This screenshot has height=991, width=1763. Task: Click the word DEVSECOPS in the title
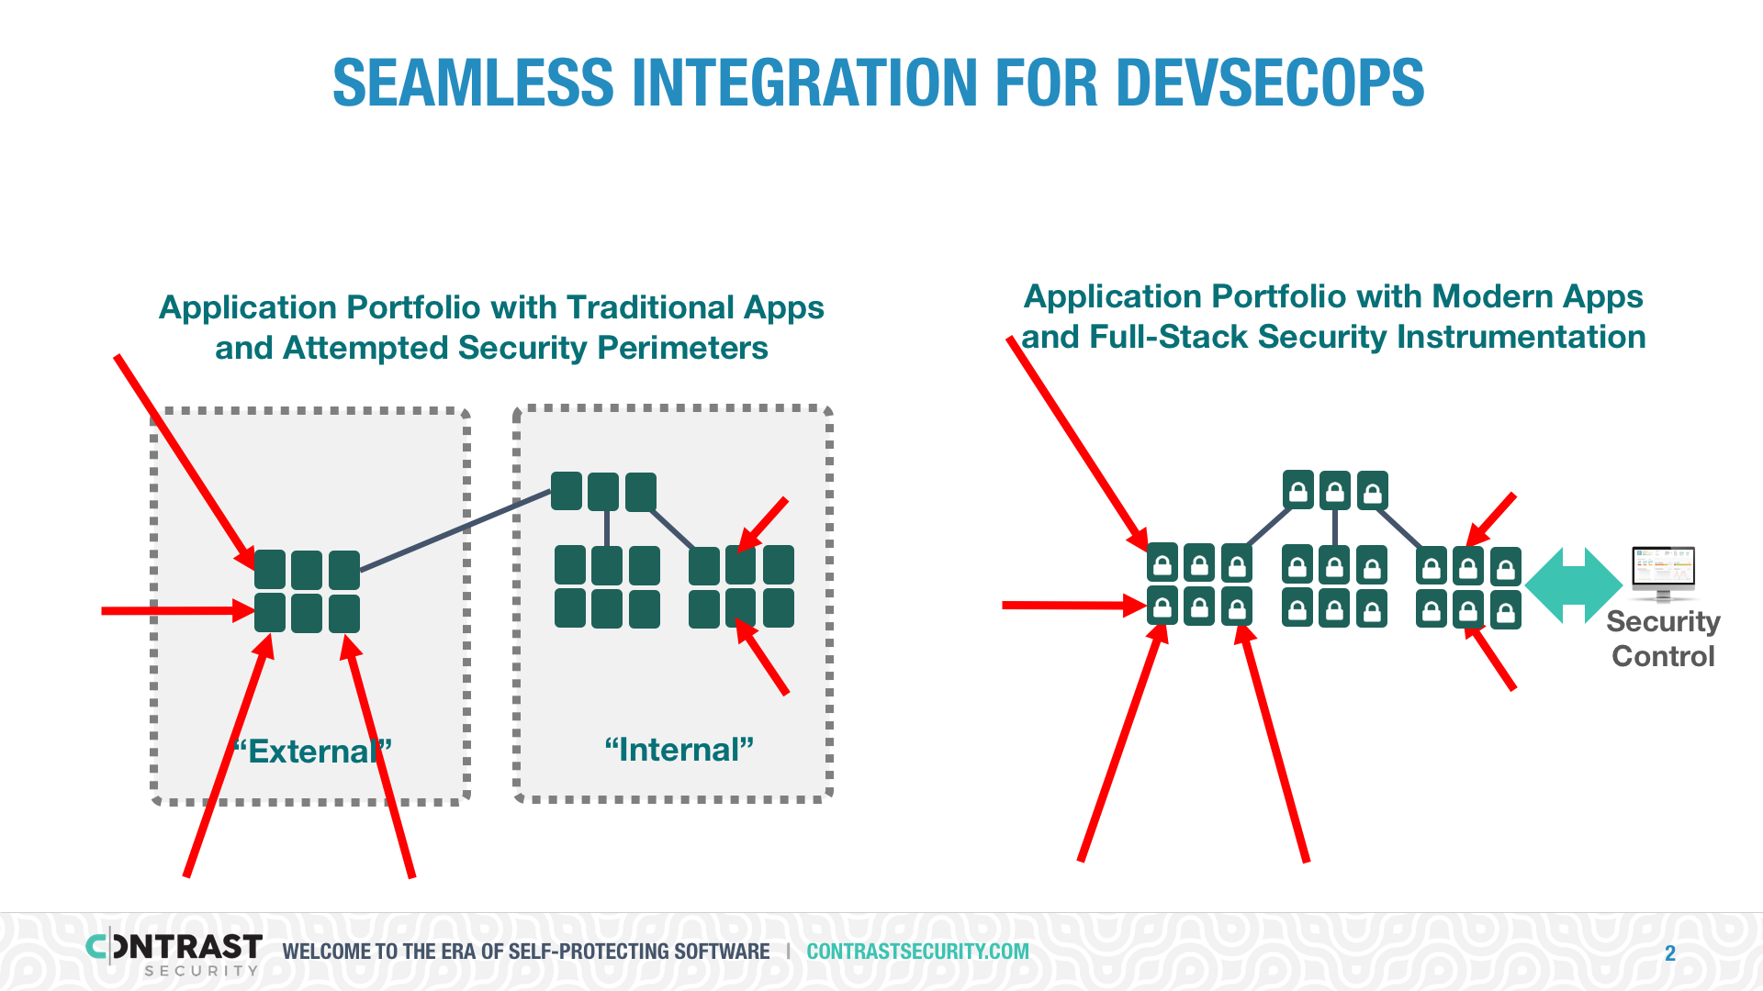(1270, 83)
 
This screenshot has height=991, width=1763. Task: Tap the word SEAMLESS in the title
(473, 83)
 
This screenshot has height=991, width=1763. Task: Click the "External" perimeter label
(312, 752)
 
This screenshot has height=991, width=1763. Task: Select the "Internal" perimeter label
(679, 750)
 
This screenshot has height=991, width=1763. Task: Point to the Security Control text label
(1663, 639)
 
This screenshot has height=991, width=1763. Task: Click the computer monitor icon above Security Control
(1663, 573)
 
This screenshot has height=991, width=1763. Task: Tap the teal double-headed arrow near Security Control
(1574, 585)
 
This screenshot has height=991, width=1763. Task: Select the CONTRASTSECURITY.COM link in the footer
(917, 952)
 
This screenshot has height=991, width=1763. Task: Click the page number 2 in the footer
(1670, 953)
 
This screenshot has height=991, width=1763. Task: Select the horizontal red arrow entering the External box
(178, 610)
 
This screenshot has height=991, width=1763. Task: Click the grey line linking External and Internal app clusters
(455, 530)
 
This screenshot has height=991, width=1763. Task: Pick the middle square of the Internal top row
(603, 492)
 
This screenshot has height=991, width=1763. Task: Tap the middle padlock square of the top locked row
(1335, 491)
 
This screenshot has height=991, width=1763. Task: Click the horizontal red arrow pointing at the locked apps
(1075, 605)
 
